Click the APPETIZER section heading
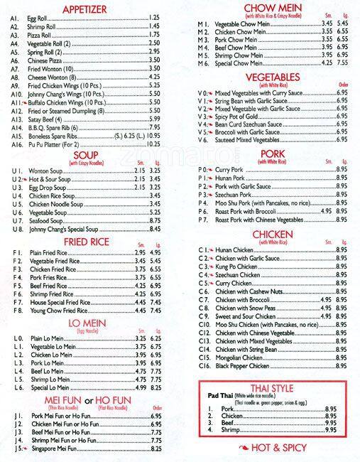tap(95, 9)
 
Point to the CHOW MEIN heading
tap(268, 7)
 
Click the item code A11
tap(16, 102)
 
